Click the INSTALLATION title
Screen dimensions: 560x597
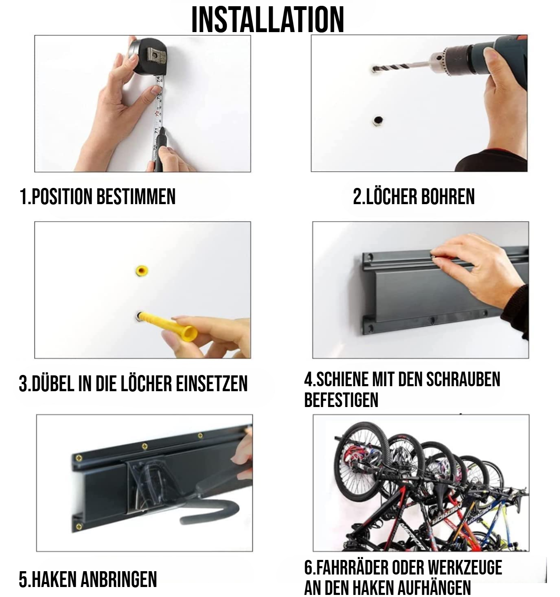268,19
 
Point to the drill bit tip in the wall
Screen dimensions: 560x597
374,70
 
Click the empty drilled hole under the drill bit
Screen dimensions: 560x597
377,120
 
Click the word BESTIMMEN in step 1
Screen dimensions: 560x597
136,197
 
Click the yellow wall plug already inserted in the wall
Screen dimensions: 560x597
141,271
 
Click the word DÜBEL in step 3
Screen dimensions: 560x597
53,384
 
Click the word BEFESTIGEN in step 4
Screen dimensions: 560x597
341,400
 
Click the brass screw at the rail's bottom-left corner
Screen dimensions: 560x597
79,526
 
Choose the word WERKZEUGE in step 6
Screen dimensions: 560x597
465,567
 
